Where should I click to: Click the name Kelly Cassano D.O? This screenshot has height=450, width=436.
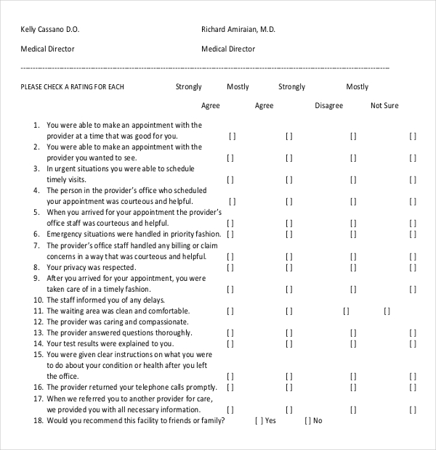[x=50, y=30]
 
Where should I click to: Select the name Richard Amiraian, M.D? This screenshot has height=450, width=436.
[x=238, y=30]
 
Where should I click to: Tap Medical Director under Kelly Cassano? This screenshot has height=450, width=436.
[x=47, y=49]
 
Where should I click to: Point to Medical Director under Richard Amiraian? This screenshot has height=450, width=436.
[x=227, y=49]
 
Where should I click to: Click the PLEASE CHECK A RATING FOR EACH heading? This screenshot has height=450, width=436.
[x=73, y=87]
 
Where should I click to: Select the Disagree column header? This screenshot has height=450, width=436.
[x=328, y=106]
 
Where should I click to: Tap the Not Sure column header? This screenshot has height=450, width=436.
[x=384, y=106]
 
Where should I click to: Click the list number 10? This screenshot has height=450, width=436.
[x=39, y=300]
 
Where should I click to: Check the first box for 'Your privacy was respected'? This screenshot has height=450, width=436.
[x=230, y=267]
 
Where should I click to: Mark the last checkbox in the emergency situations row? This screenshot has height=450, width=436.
[x=413, y=234]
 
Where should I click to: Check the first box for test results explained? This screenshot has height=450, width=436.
[x=230, y=343]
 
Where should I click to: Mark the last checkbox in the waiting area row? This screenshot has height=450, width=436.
[x=387, y=311]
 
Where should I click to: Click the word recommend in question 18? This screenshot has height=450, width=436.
[x=99, y=420]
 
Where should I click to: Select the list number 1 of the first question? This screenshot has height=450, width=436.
[x=36, y=125]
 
